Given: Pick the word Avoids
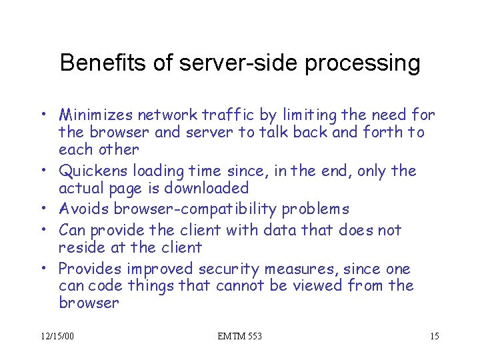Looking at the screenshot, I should pyautogui.click(x=84, y=209).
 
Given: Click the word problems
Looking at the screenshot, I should pyautogui.click(x=315, y=210).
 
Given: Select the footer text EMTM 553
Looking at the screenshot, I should pyautogui.click(x=240, y=336).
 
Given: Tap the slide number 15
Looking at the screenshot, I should pyautogui.click(x=434, y=336).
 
